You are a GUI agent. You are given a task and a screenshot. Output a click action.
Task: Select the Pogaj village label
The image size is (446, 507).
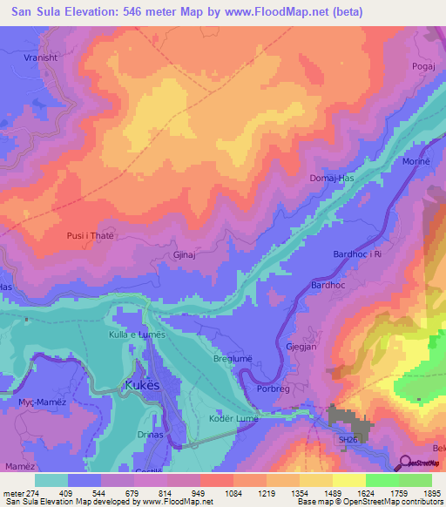coord(423,66)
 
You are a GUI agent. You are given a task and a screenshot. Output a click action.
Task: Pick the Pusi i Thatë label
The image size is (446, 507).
coord(91,235)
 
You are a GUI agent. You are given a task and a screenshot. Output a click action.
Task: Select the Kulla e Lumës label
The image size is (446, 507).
coord(136,335)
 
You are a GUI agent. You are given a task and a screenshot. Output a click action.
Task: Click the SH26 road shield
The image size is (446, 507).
coord(348,440)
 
